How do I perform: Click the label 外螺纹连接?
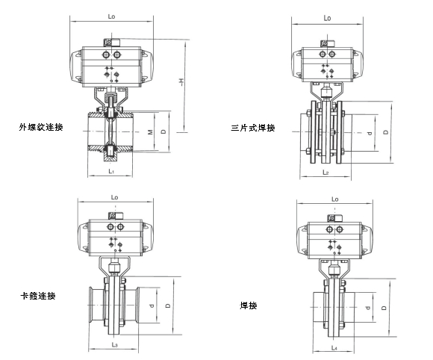[41, 128]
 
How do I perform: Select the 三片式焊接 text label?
[253, 128]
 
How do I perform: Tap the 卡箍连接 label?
[37, 296]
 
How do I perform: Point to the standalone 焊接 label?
[249, 305]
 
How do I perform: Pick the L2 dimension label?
[325, 173]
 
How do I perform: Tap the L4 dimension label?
[331, 347]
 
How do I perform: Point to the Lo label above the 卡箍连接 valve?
[114, 197]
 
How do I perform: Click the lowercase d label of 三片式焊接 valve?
[369, 132]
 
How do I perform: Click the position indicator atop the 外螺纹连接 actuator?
[115, 44]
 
